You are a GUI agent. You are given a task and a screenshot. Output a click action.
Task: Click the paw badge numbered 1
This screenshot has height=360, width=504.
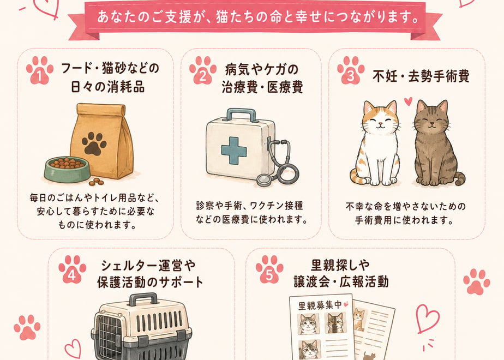tap(39, 71)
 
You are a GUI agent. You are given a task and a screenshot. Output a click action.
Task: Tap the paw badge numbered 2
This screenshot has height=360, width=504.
tap(203, 71)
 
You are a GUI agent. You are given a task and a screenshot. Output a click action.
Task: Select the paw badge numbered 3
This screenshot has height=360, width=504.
tap(351, 71)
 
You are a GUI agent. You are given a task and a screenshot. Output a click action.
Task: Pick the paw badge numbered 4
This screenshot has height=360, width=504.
tap(72, 269)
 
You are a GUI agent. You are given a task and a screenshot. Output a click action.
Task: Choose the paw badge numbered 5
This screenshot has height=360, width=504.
tap(269, 269)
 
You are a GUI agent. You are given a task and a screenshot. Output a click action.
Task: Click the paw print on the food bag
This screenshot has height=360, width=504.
tap(94, 143)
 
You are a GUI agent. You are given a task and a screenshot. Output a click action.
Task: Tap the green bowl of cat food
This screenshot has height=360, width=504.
tap(67, 169)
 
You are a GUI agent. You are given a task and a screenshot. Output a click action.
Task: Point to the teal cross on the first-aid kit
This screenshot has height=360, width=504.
tap(234, 151)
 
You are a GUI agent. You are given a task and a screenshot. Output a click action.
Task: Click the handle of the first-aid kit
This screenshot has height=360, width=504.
tap(242, 115)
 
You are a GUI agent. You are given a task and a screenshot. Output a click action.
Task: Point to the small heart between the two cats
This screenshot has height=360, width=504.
tap(408, 101)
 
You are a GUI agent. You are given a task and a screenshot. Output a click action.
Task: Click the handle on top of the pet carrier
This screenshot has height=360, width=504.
tap(143, 299)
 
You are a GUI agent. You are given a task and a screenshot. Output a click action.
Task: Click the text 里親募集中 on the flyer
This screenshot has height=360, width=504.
tap(320, 305)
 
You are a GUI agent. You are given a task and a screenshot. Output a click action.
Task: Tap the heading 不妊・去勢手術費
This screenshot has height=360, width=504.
tap(421, 76)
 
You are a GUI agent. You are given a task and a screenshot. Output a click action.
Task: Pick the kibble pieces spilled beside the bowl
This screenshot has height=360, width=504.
tap(97, 182)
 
